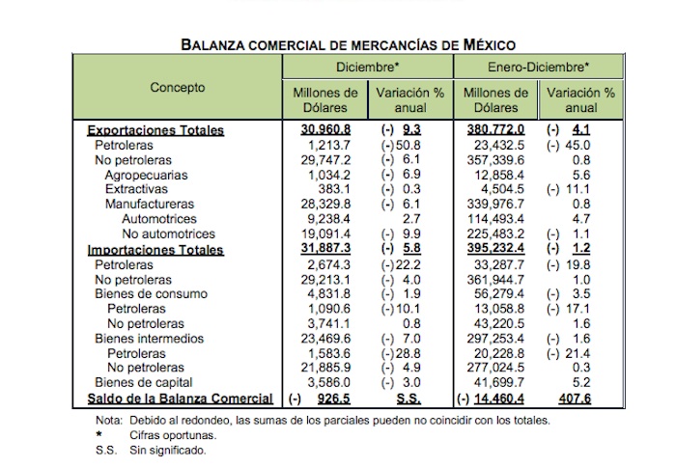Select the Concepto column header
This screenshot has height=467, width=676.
click(178, 88)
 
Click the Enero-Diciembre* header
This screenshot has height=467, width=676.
click(535, 69)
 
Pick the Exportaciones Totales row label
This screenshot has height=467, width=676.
click(155, 130)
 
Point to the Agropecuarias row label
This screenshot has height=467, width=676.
click(147, 176)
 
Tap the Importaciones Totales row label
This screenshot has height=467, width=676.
click(155, 250)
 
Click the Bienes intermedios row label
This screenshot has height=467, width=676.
click(150, 339)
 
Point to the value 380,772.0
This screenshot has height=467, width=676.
click(494, 130)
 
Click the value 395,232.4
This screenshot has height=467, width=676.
click(494, 250)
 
